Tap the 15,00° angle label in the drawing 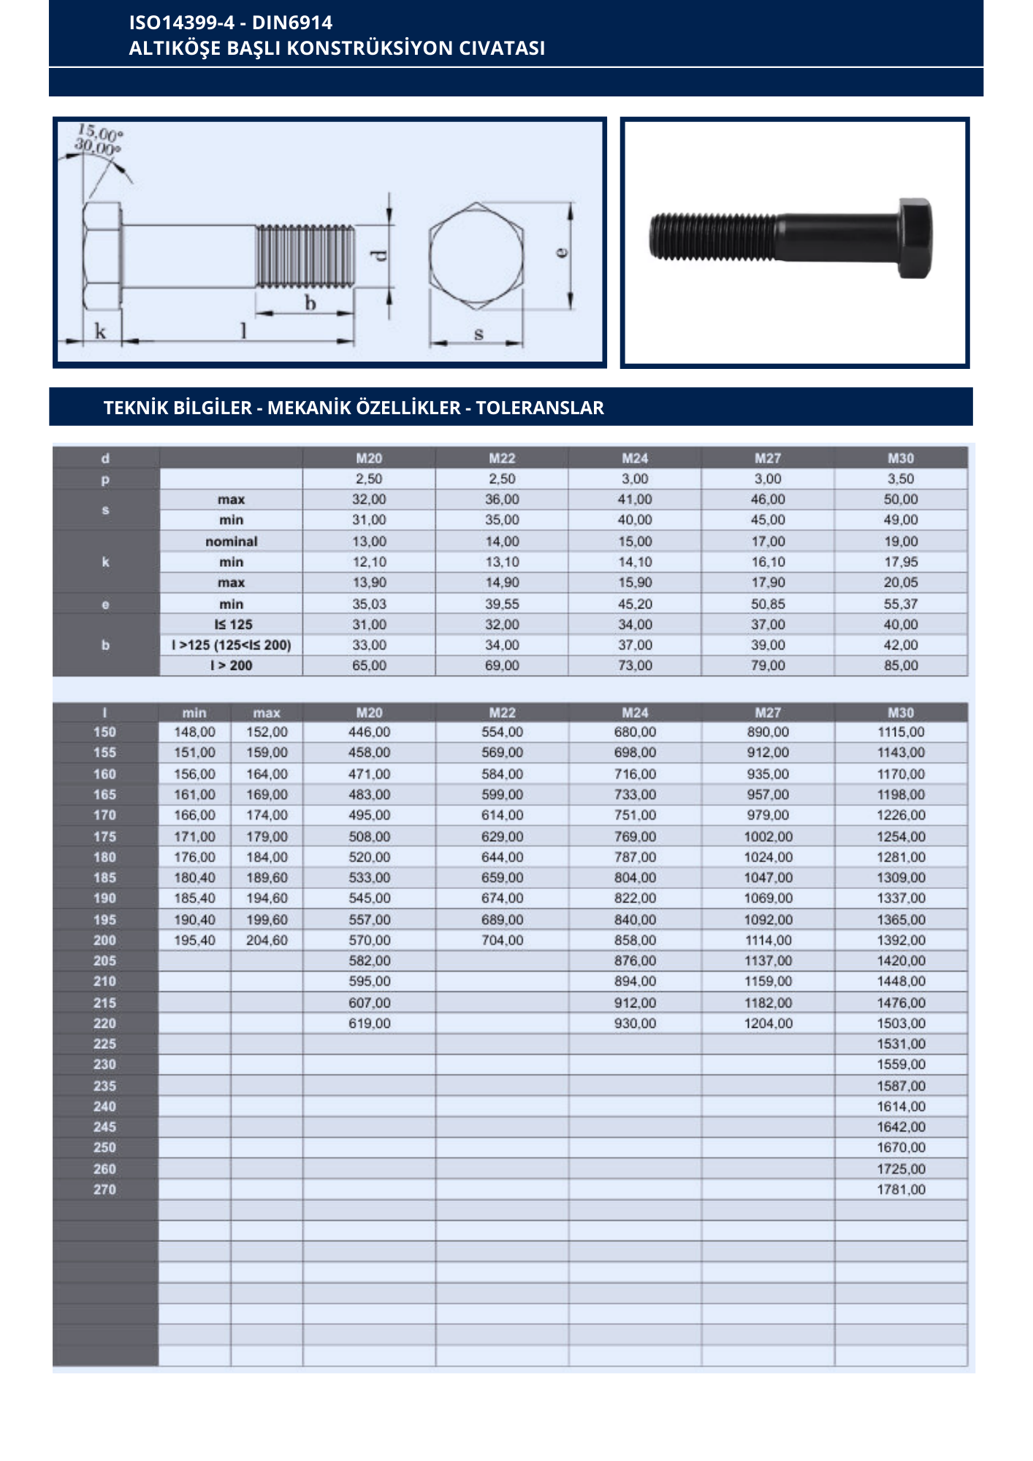pyautogui.click(x=101, y=133)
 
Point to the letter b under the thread pyautogui.click(x=310, y=302)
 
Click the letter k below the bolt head pyautogui.click(x=100, y=331)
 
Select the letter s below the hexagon pyautogui.click(x=479, y=334)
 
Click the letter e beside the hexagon pyautogui.click(x=561, y=252)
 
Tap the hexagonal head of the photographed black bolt pyautogui.click(x=915, y=238)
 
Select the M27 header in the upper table pyautogui.click(x=768, y=458)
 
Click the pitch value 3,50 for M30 pyautogui.click(x=901, y=478)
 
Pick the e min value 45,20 pyautogui.click(x=635, y=604)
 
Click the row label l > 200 pyautogui.click(x=231, y=665)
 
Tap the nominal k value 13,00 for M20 pyautogui.click(x=369, y=541)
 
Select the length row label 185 pyautogui.click(x=104, y=877)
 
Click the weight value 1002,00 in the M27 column pyautogui.click(x=768, y=836)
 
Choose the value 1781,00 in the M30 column pyautogui.click(x=901, y=1189)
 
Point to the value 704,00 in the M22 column pyautogui.click(x=502, y=940)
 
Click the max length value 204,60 pyautogui.click(x=267, y=940)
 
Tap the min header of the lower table pyautogui.click(x=194, y=712)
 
